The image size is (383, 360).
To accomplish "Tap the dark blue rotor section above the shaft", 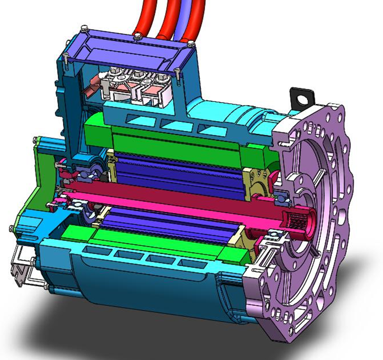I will point(174,164).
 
